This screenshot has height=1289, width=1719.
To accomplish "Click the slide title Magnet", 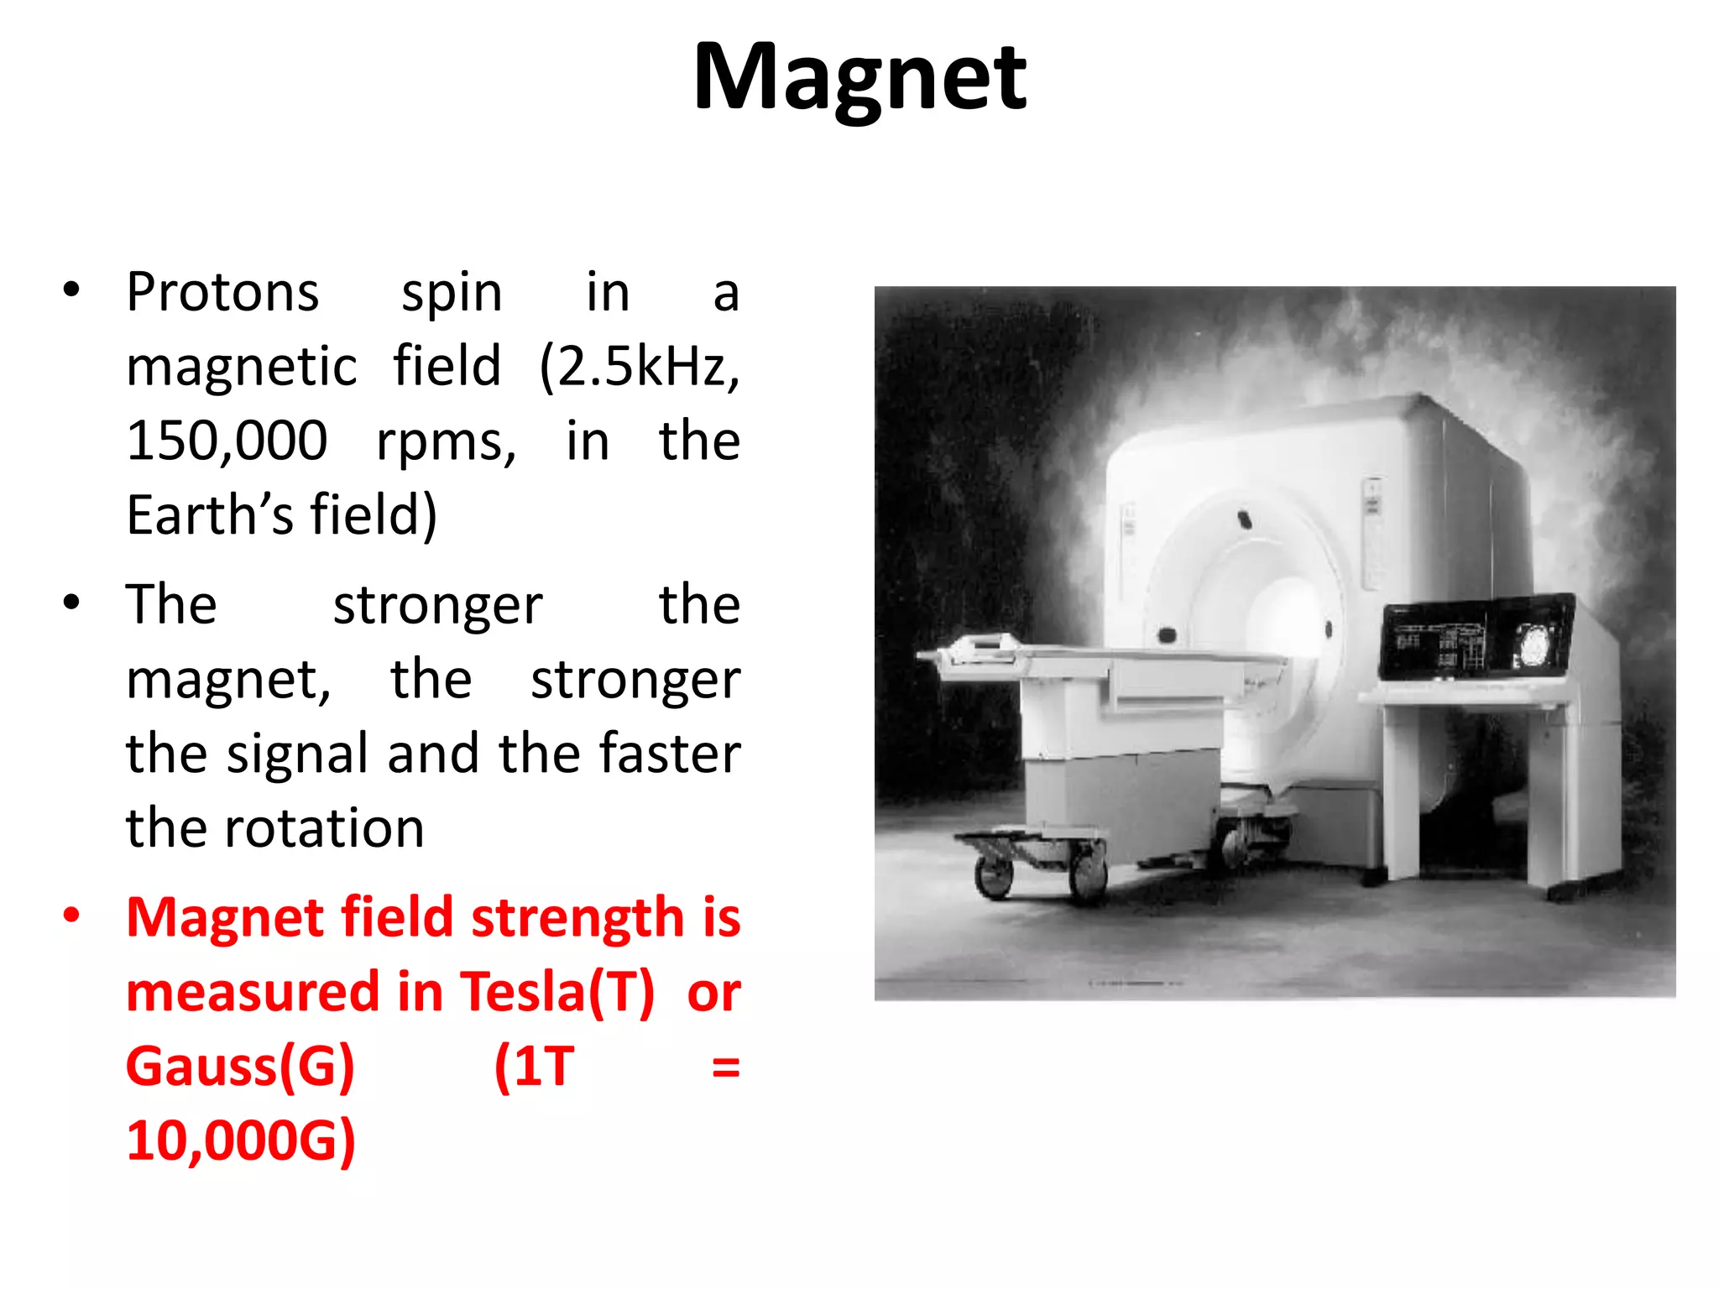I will (859, 77).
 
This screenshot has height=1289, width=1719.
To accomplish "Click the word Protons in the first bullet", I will (222, 293).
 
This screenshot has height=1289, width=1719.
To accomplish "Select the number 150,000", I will (227, 441).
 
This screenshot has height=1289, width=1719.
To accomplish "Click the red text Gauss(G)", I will (240, 1067).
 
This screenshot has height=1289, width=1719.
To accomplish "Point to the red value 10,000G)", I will (240, 1140).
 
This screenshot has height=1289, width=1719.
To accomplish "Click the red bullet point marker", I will (71, 916).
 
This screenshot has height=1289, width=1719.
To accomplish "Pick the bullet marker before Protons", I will (71, 290).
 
